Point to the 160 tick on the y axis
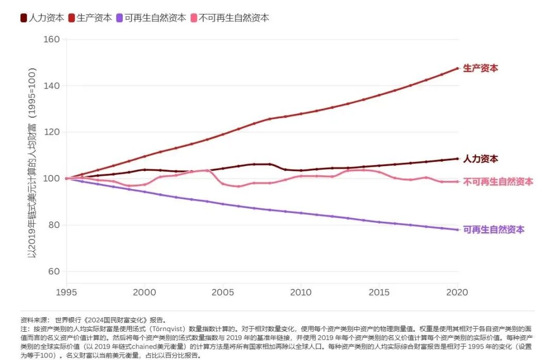(x=52, y=39)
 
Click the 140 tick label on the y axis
(x=52, y=86)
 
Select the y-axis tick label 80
(x=54, y=225)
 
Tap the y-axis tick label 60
(x=54, y=271)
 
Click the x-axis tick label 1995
(x=67, y=292)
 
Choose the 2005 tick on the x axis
(x=223, y=292)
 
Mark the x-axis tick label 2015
(x=379, y=292)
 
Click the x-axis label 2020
(x=457, y=292)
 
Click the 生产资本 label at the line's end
(x=481, y=68)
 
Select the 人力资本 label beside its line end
(x=481, y=159)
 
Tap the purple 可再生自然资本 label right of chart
(x=494, y=230)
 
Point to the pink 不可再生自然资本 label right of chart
(x=498, y=182)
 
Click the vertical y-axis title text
(x=32, y=155)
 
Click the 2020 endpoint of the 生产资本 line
(x=457, y=68)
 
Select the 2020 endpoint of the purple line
(x=457, y=230)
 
